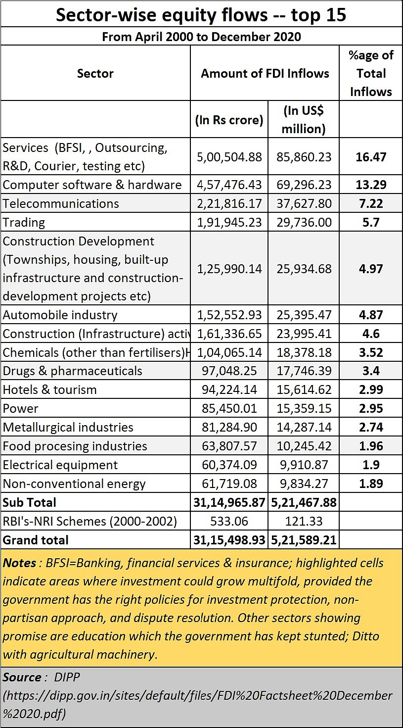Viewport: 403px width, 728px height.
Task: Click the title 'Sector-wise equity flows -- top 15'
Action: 201,14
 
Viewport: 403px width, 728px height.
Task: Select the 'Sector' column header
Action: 95,73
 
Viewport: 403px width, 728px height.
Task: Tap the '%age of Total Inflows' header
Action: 371,73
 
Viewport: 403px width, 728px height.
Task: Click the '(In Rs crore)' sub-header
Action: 229,120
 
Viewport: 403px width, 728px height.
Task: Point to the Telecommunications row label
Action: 61,203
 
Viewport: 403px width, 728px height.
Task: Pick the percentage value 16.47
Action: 371,157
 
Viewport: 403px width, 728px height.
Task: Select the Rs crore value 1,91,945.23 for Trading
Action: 229,222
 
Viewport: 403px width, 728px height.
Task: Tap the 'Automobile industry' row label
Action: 60,315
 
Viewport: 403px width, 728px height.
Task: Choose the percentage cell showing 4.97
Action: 371,269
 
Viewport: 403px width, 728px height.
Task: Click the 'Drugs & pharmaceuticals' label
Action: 73,371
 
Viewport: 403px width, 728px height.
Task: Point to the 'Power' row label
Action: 21,408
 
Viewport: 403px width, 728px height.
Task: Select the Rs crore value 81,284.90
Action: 229,427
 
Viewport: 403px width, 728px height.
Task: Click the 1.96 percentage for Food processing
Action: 371,446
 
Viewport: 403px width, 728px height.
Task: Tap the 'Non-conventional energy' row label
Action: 74,484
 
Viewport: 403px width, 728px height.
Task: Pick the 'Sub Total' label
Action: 30,502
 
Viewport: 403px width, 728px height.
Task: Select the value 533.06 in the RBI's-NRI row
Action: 229,521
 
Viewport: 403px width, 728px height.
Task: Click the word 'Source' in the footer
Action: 22,677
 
